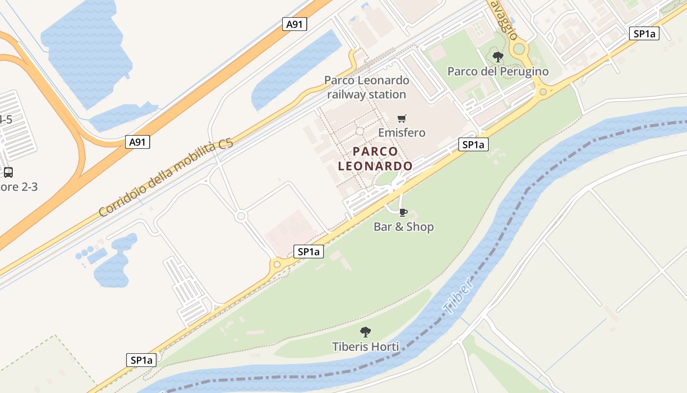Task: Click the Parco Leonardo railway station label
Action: tap(367, 87)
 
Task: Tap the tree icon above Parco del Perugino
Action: tap(498, 57)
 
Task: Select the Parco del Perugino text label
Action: tap(498, 72)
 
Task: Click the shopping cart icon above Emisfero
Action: tap(402, 118)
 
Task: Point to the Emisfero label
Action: tap(401, 133)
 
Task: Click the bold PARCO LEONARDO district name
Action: tap(375, 158)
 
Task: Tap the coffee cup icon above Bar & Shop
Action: tap(403, 212)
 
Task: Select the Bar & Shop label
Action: tap(403, 227)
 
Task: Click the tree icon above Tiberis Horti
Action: tap(365, 332)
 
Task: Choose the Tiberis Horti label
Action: tap(365, 346)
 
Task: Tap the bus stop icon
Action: tap(8, 172)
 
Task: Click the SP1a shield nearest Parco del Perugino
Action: tap(644, 33)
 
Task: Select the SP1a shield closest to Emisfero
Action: tap(474, 144)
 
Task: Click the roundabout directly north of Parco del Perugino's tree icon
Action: tap(519, 48)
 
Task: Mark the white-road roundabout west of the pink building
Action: tap(240, 216)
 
